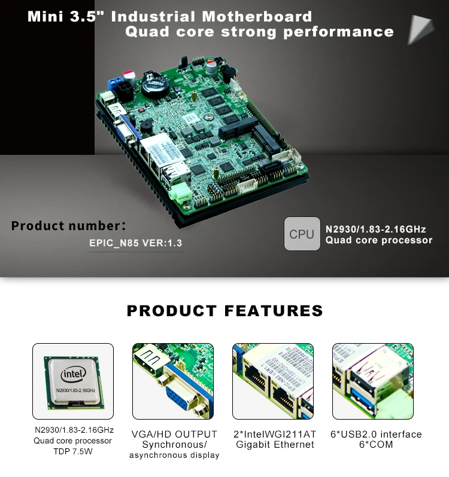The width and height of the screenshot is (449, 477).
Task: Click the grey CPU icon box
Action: tap(302, 234)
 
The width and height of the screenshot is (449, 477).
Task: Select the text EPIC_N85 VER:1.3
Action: tap(135, 243)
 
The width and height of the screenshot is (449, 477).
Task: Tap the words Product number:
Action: tap(68, 226)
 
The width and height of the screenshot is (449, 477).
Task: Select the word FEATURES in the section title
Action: tap(274, 311)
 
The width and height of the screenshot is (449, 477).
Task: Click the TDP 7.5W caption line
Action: tap(72, 451)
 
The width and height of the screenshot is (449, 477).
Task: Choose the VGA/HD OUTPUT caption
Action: tap(174, 434)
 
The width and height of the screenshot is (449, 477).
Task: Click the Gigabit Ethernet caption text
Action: tap(275, 445)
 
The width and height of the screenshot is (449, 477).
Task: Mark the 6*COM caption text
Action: tap(376, 445)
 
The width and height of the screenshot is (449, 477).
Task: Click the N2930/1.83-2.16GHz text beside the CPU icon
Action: tap(375, 229)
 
